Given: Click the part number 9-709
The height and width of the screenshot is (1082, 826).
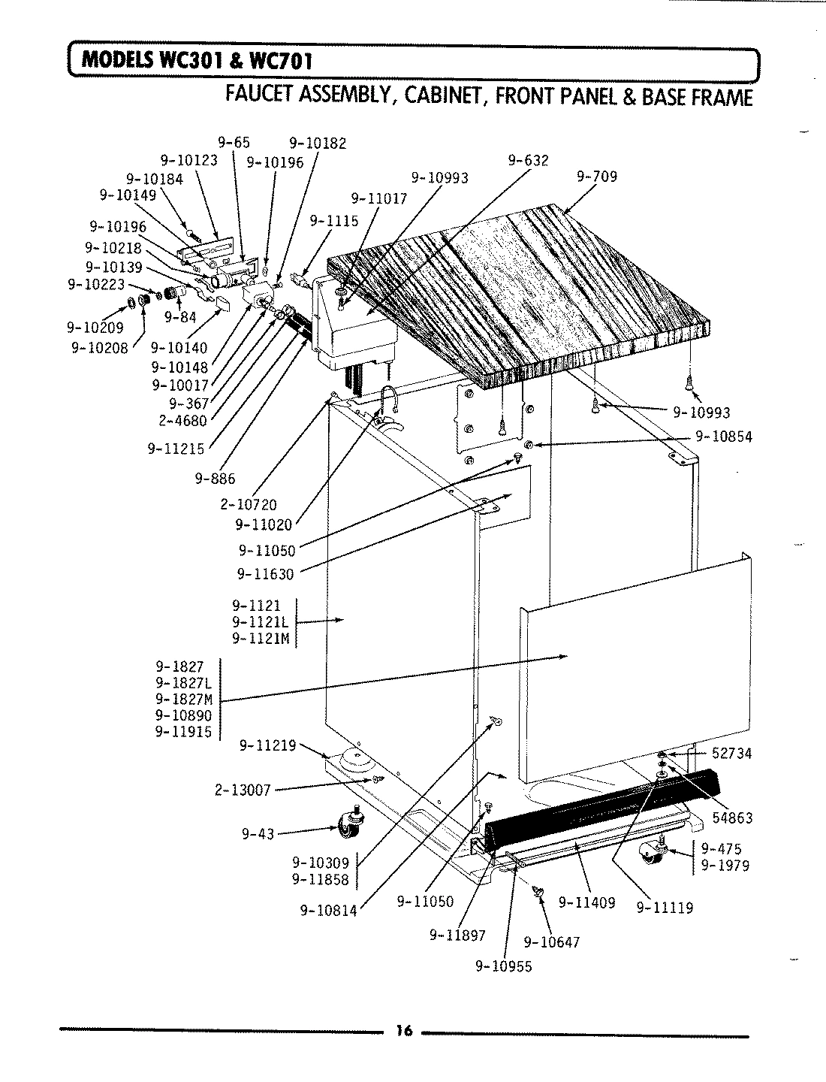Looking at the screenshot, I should (597, 177).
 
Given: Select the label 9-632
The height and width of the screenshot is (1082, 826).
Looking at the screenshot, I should (528, 160).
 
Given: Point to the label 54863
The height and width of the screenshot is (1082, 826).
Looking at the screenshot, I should (732, 818).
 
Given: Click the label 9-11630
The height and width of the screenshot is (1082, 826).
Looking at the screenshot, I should (265, 574).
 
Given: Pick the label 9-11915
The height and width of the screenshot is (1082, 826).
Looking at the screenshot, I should (183, 732).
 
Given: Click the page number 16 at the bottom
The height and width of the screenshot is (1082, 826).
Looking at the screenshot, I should (404, 1031).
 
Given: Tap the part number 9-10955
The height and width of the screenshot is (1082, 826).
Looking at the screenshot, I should (503, 967).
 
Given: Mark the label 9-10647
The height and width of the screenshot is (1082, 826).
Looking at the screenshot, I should (551, 942).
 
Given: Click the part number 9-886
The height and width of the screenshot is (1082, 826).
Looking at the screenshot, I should (218, 478).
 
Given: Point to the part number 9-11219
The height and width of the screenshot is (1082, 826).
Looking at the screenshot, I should (268, 745).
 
